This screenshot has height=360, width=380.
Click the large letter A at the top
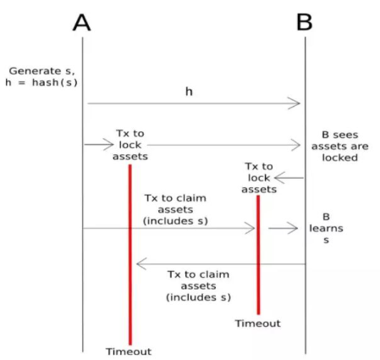82,22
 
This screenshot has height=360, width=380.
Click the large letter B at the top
305,22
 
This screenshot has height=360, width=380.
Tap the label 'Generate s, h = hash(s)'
41,76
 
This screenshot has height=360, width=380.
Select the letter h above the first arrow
189,91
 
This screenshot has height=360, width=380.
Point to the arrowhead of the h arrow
295,103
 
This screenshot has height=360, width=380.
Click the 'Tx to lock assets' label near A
130,145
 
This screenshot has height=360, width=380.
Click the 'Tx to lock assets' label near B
259,178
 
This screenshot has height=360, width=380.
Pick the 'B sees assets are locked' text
340,147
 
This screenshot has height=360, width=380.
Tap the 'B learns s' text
326,228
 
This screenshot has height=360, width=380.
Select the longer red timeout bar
130,255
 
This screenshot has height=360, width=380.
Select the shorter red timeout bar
258,255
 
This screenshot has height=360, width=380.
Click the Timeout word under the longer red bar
129,352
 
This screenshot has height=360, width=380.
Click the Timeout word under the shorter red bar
258,324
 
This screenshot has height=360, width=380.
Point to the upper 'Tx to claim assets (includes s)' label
175,209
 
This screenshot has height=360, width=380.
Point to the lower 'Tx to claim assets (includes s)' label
198,285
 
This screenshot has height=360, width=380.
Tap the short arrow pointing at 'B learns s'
283,228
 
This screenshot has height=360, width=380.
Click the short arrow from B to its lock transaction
289,178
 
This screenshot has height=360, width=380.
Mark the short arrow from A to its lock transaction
99,145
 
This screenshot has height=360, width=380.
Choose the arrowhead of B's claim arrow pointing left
141,263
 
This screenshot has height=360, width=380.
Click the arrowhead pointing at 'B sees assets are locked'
295,145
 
